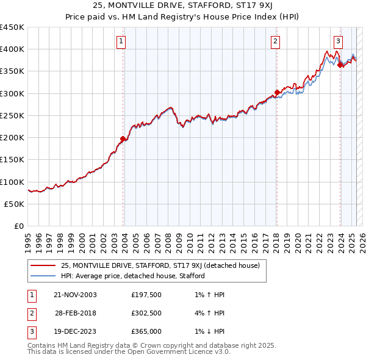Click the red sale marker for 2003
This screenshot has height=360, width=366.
coord(123,139)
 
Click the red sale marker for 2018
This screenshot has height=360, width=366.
coord(277,93)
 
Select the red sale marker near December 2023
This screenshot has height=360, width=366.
coord(340,65)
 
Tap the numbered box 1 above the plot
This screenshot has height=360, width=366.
coord(121,41)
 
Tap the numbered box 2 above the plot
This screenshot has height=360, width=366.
coord(276,41)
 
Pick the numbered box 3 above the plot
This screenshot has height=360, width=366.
coord(338,41)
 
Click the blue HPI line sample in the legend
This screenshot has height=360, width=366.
coord(43,276)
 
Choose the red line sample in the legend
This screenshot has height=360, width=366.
coord(43,265)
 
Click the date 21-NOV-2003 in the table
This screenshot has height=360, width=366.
coord(75,295)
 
